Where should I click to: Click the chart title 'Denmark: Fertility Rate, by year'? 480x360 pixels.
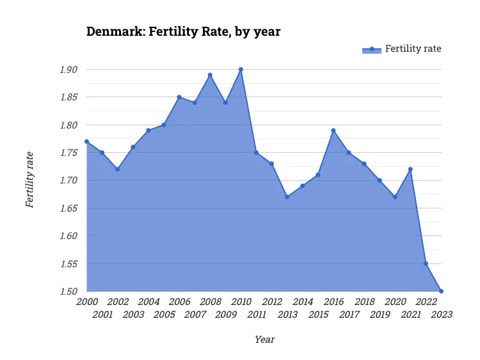183,31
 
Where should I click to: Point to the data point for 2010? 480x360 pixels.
241,69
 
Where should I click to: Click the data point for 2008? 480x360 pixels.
210,75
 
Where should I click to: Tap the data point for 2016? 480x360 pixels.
333,130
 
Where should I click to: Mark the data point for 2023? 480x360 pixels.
441,291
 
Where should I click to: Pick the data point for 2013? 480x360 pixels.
287,197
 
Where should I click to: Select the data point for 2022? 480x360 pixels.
426,263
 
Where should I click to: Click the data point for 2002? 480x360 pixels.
117,169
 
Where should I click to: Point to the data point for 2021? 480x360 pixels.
410,169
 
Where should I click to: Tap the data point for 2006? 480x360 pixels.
179,97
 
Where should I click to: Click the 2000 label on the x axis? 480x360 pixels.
87,302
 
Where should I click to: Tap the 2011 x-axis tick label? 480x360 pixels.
257,315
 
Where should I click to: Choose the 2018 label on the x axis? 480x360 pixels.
365,302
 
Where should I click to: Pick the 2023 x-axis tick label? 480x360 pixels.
442,315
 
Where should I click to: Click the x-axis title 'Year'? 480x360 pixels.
264,340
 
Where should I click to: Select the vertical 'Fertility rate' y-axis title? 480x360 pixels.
29,180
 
